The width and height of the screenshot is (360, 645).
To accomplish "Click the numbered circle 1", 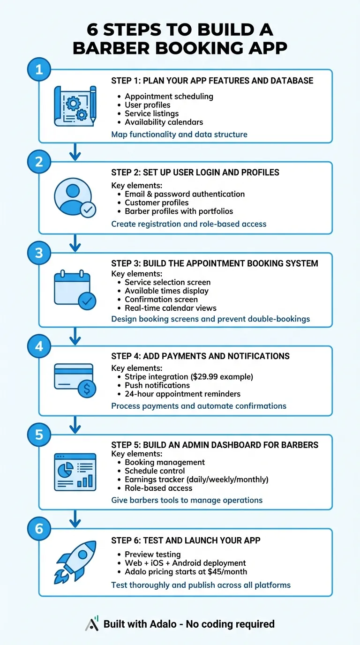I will click(x=39, y=70).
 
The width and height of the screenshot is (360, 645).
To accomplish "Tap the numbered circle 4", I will click(x=39, y=346).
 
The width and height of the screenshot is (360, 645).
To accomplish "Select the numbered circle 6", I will click(x=39, y=529).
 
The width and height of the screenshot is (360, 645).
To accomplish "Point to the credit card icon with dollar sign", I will click(x=75, y=380).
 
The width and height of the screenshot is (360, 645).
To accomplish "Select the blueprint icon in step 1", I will click(x=75, y=106).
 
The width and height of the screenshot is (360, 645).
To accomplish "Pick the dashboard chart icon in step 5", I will click(x=75, y=472).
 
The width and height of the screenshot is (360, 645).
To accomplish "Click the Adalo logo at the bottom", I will click(x=92, y=623).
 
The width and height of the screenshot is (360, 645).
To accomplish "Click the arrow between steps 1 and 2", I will click(x=75, y=152).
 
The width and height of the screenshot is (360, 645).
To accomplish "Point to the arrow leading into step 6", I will click(x=75, y=518).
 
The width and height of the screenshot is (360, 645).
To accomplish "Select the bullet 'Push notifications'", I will click(x=157, y=385).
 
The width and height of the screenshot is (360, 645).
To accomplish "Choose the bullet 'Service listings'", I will click(x=151, y=113).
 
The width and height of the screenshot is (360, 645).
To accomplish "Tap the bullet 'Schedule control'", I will click(x=155, y=471).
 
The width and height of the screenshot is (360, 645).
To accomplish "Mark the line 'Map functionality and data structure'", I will click(x=179, y=135).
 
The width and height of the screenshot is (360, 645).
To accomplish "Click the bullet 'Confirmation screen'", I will click(x=161, y=299).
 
